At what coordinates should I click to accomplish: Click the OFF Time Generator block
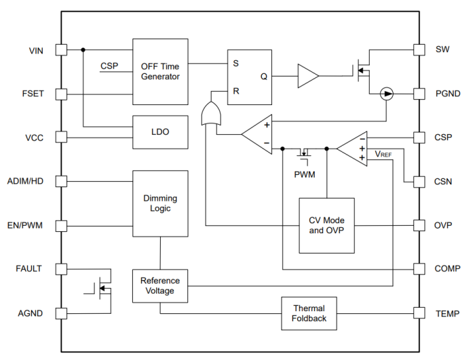point(160,71)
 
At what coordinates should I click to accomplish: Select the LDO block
point(160,132)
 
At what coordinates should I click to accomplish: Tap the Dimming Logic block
point(160,203)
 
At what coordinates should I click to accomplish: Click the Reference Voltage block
point(160,285)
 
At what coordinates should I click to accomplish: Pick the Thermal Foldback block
point(309,313)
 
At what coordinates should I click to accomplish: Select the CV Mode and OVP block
point(326,225)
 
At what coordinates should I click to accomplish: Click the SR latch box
point(249,77)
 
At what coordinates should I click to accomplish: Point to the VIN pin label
point(37,50)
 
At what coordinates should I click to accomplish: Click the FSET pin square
point(61,94)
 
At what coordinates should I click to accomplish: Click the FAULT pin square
point(61,269)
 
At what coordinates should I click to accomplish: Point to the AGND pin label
point(31,313)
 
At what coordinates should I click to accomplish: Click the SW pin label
point(441,49)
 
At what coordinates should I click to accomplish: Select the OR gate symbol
point(211,114)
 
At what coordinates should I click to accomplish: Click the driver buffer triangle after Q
point(307,77)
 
